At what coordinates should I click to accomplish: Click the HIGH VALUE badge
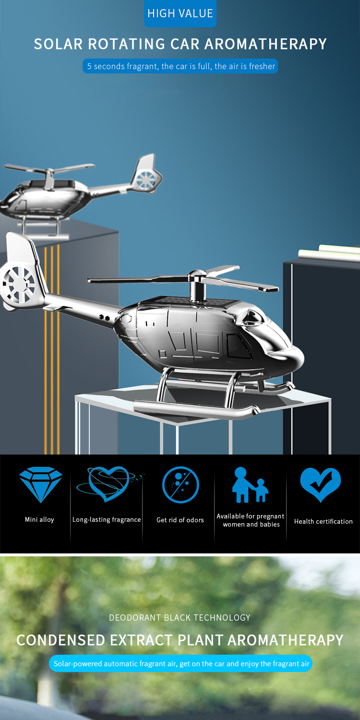click(x=180, y=13)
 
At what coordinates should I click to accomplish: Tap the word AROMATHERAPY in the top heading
click(x=265, y=44)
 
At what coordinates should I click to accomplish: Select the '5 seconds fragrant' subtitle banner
click(x=180, y=66)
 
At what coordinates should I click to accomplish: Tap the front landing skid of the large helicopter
click(x=196, y=408)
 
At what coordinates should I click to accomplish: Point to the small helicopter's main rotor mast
click(x=49, y=180)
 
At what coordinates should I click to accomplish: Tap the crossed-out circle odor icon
click(x=180, y=485)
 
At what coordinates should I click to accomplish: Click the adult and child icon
click(x=250, y=485)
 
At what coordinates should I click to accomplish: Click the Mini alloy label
click(x=39, y=519)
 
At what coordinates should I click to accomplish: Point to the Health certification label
click(x=324, y=521)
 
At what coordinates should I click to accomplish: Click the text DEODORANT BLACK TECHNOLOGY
click(x=180, y=617)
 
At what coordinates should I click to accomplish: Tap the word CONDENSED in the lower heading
click(x=61, y=640)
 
